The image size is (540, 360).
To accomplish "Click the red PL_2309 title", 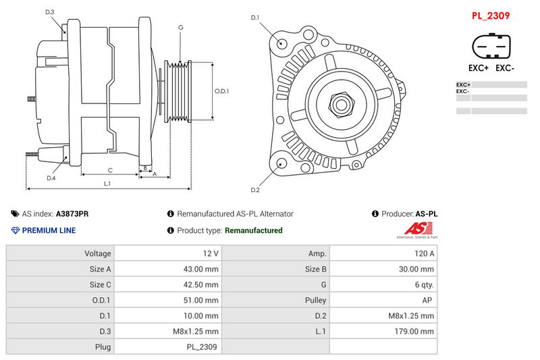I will coord(490,15).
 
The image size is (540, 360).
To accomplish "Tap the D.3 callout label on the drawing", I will coord(49,12).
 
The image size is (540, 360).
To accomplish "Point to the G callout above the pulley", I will coord(180,27).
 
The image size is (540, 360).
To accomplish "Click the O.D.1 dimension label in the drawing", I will coord(222,91).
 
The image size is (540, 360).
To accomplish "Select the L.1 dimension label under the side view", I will coord(107,183).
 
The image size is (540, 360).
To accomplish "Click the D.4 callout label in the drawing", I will coord(51,178).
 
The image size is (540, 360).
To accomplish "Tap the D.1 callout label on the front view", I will coord(255,18).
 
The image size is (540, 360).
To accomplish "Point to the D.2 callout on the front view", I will coord(255,190).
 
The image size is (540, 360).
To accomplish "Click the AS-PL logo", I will coord(416,230).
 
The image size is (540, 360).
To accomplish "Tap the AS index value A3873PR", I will coord(72,213).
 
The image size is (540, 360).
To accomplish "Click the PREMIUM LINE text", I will coord(49,230).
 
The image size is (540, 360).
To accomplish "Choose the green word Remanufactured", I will coord(253,230).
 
